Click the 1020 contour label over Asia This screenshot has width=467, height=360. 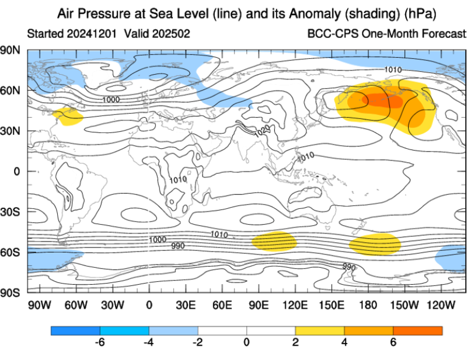(x=262, y=131)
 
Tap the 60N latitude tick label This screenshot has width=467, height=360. (x=10, y=90)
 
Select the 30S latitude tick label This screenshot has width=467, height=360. (x=10, y=212)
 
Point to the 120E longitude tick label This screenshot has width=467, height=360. (x=295, y=305)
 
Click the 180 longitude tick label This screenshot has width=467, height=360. (x=368, y=305)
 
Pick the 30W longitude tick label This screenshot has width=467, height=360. (x=112, y=305)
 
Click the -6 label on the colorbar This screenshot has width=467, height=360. (x=99, y=342)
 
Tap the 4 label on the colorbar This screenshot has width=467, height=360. (x=344, y=342)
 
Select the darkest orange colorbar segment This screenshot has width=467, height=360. (x=417, y=330)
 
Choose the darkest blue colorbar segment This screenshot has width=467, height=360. (x=75, y=330)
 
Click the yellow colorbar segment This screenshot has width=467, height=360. (x=319, y=330)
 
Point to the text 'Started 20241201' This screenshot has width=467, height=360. (x=72, y=33)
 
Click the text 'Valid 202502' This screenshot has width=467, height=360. (x=157, y=33)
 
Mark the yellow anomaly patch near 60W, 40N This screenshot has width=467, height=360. (x=68, y=116)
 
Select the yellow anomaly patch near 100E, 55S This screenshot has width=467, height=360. (x=274, y=242)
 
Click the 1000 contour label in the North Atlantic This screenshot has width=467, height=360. (x=111, y=99)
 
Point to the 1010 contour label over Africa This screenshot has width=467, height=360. (x=178, y=180)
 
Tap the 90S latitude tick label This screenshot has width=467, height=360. (x=10, y=293)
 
